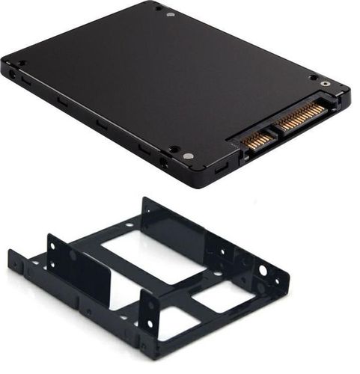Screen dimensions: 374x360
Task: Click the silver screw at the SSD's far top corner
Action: point(171,14)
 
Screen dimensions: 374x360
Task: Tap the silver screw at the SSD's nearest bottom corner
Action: point(187,156)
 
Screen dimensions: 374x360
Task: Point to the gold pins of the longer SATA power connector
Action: point(303,114)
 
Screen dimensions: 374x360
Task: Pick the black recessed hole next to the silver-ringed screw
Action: point(312,76)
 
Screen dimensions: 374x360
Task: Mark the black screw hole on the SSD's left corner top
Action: point(21,63)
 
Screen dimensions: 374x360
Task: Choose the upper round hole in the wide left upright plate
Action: point(73,255)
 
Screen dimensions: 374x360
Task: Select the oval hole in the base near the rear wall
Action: point(128,225)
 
